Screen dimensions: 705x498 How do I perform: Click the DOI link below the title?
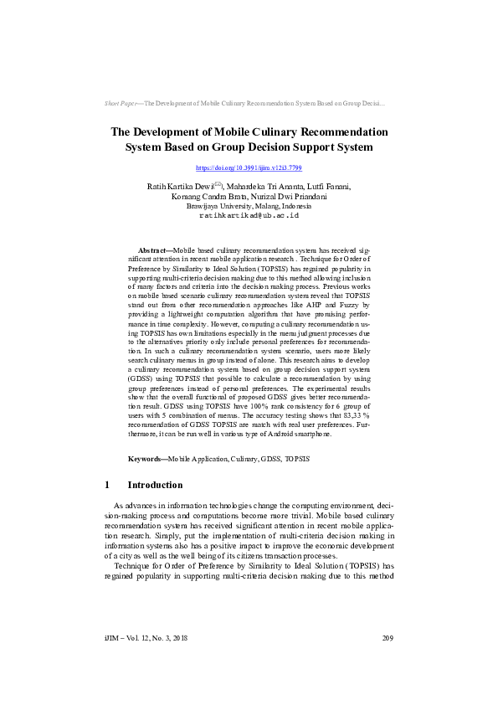248,168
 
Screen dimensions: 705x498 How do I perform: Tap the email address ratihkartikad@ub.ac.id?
249,215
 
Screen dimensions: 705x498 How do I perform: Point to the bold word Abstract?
151,250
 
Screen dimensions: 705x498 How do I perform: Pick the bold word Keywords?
146,459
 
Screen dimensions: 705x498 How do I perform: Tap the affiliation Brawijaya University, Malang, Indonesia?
249,206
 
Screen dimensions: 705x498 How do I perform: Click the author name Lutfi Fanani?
327,186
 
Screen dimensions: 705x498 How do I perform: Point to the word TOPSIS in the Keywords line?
297,459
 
